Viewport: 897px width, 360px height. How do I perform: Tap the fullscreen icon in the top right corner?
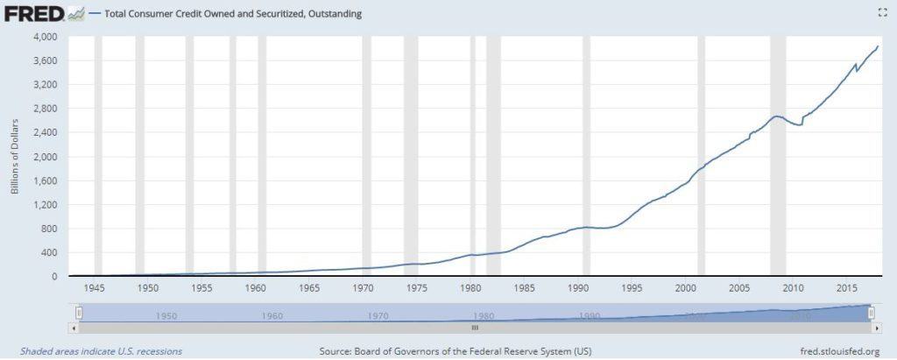[x=883, y=12]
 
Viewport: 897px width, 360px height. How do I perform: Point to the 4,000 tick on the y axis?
[x=45, y=37]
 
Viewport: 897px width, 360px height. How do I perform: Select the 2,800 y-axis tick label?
[x=45, y=109]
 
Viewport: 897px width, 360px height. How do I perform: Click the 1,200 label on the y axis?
[x=45, y=205]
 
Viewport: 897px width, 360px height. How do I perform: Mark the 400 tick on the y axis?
[x=49, y=252]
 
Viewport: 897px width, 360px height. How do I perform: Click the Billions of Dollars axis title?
[x=16, y=156]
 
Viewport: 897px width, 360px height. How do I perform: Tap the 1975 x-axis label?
[x=417, y=288]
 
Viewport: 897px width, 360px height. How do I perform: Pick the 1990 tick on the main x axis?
[x=578, y=288]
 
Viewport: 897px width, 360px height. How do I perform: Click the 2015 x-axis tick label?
[x=847, y=288]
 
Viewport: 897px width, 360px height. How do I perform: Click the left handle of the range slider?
[x=79, y=312]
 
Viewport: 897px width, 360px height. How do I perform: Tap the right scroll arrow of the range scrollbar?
[x=875, y=328]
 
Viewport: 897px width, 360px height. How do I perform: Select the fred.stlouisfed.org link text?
[x=839, y=351]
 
